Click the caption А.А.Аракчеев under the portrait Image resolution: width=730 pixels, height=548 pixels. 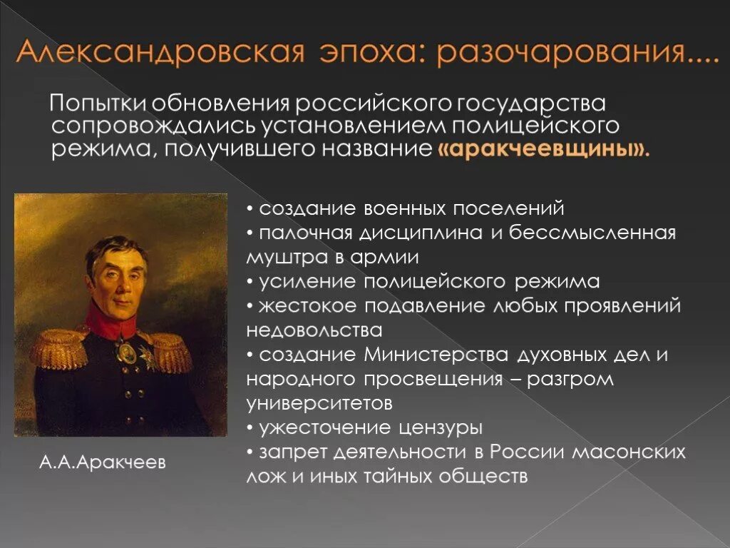(x=103, y=462)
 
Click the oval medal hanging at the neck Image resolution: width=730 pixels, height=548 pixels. (x=125, y=351)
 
